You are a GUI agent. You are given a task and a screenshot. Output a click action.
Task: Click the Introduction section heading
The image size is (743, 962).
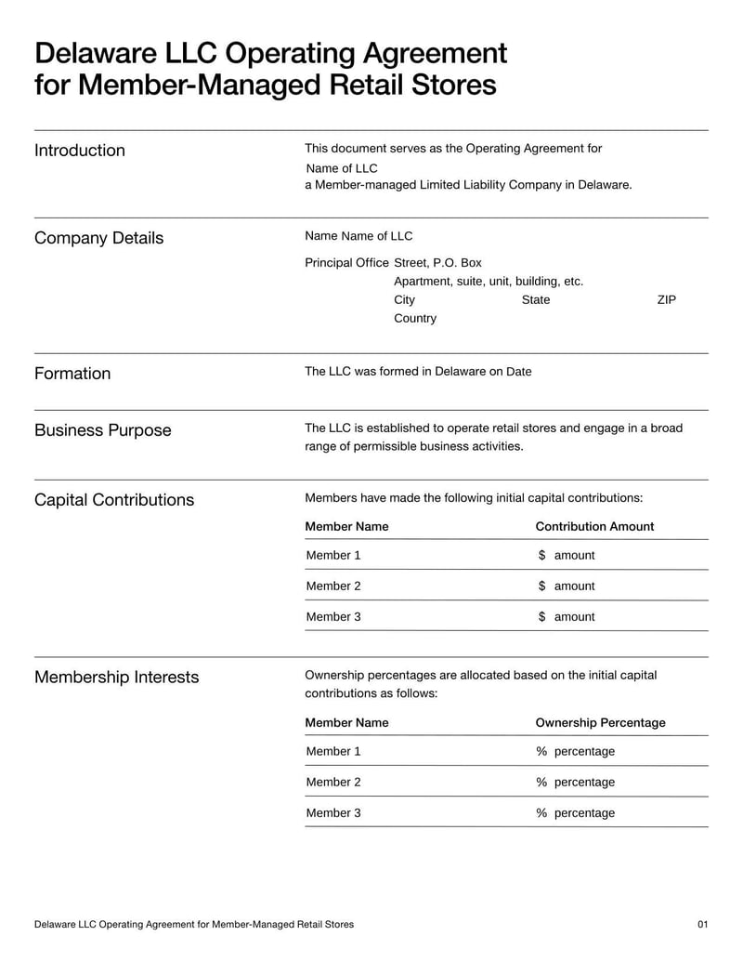tap(80, 151)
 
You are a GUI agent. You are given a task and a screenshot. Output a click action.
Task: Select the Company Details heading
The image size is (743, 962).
tap(98, 238)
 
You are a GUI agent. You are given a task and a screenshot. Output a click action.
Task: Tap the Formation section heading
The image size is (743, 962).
tap(72, 374)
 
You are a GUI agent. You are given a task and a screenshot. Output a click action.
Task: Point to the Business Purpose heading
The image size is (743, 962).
tap(102, 430)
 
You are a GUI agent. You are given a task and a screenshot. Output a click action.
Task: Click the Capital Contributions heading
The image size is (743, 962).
tap(114, 500)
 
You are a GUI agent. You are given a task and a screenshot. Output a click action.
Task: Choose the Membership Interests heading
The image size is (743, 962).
tap(116, 677)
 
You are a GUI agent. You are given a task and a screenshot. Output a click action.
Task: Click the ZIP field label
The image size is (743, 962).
tap(666, 299)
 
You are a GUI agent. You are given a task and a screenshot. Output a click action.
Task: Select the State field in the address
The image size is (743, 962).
tap(536, 299)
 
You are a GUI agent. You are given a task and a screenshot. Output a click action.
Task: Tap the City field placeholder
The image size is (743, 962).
tap(404, 299)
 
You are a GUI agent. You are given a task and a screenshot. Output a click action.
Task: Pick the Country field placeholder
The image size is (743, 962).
tap(414, 318)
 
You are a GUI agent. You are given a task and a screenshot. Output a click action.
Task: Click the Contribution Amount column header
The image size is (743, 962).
tap(594, 526)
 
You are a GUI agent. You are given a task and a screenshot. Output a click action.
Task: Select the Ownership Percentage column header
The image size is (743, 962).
tap(600, 722)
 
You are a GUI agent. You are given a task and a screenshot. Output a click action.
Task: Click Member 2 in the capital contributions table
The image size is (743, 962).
tap(333, 586)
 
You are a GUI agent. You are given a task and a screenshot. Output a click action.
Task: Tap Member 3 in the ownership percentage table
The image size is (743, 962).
tap(333, 812)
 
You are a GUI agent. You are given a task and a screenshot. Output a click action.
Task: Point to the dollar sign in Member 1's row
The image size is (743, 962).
tap(541, 555)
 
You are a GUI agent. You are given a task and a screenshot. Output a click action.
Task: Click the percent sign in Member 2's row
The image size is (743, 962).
tap(541, 782)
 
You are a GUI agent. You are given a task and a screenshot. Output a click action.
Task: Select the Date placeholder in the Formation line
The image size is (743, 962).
tap(519, 371)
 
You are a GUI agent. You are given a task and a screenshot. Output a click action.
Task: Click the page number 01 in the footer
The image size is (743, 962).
tap(702, 924)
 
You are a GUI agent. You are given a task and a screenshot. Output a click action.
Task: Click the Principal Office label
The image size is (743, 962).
tap(346, 262)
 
